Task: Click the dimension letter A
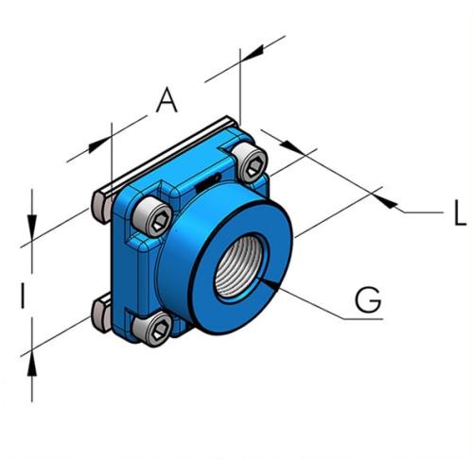tap(166, 99)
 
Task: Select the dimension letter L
tap(459, 214)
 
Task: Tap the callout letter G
tap(367, 299)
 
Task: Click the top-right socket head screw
tap(251, 163)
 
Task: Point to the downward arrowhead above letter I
tap(32, 229)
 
